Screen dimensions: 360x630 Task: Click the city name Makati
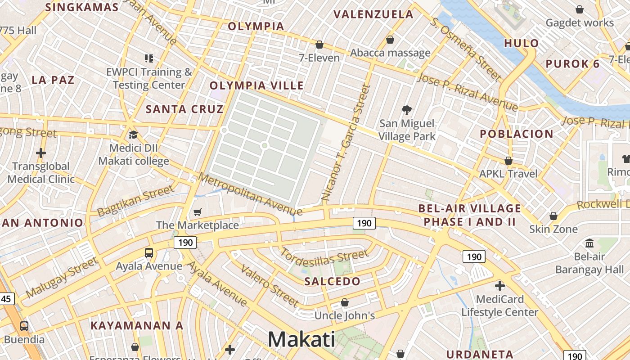301,339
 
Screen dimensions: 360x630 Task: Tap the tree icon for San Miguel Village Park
407,110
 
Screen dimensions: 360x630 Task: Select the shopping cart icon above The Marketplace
197,212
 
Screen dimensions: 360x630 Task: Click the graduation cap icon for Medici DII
133,135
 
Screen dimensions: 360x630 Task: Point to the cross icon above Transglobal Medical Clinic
41,153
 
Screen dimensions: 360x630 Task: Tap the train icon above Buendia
24,326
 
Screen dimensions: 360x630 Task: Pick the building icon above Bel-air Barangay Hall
589,243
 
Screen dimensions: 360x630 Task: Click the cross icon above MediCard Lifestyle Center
499,286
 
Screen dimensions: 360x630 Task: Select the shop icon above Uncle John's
345,302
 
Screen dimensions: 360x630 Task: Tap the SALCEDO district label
332,282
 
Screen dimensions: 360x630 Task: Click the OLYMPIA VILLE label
256,85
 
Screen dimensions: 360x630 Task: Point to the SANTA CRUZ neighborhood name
184,109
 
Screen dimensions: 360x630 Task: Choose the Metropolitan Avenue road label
250,194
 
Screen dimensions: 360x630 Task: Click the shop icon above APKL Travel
508,161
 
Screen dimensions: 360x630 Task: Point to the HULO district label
521,44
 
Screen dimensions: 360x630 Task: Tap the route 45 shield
6,298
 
